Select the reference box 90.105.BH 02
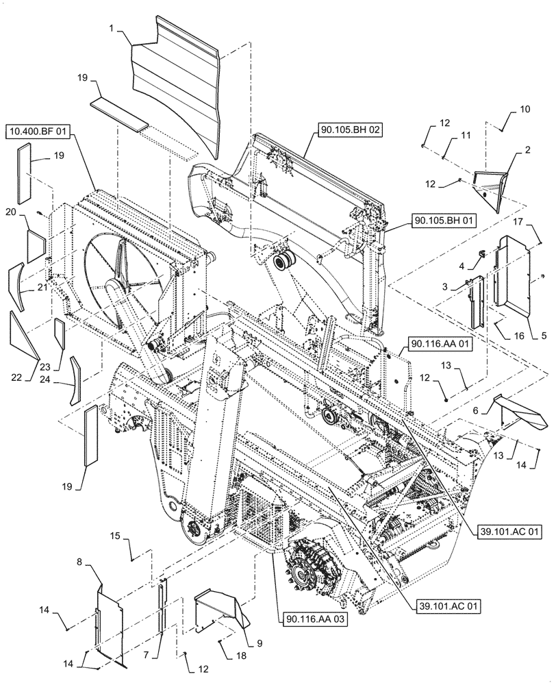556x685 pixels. coord(349,128)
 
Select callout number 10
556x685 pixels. coord(525,109)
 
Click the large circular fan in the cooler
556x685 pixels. coord(123,274)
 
